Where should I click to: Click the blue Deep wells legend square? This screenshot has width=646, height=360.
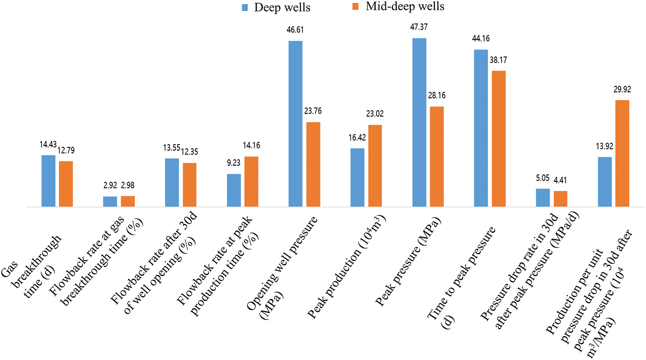(x=245, y=7)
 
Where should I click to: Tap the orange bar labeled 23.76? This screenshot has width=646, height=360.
(x=313, y=164)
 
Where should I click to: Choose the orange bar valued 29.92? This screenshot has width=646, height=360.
(x=622, y=153)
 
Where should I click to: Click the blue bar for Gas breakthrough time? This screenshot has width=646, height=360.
(x=49, y=181)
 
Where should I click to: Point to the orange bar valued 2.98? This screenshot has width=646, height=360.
(x=127, y=201)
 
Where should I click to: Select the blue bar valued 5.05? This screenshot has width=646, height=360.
(x=543, y=197)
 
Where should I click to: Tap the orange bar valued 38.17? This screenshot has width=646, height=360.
(x=498, y=139)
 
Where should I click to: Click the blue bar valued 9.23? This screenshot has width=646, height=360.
(x=234, y=190)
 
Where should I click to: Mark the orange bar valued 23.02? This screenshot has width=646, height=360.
(x=375, y=166)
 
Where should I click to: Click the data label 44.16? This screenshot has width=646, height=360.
(x=481, y=39)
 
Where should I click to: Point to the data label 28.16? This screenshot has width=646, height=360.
(x=437, y=96)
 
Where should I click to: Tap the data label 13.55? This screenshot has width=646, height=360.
(x=172, y=148)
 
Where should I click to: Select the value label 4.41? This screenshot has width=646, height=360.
(x=560, y=181)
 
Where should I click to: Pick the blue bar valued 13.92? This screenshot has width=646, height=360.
(x=604, y=182)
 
